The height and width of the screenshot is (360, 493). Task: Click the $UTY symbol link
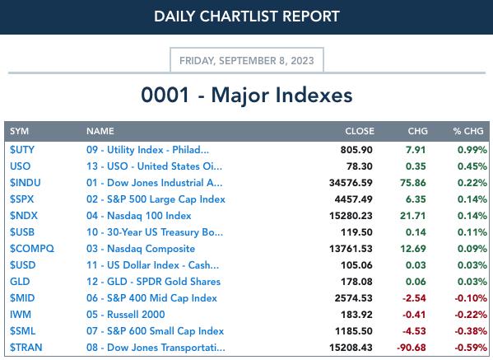click(22, 150)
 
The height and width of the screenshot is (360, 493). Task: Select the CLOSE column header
click(360, 131)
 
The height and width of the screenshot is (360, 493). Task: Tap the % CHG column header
click(468, 131)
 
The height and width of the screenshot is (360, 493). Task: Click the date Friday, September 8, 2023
click(247, 60)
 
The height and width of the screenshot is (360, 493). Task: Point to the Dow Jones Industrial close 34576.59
click(351, 183)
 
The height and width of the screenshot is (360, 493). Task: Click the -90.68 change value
click(412, 348)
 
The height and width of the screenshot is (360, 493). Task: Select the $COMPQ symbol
click(32, 249)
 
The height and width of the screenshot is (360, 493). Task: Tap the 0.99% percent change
click(472, 150)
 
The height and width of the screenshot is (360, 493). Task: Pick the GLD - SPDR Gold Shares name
click(153, 282)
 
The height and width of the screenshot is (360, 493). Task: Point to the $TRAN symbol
click(26, 348)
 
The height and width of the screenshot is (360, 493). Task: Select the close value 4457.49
click(353, 199)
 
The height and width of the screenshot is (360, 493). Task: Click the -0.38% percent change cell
click(471, 331)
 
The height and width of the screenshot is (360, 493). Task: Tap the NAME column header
click(100, 131)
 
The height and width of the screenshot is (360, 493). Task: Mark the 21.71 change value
click(413, 216)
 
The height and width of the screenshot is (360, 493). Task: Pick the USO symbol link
click(20, 166)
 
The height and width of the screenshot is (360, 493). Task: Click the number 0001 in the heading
click(165, 95)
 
